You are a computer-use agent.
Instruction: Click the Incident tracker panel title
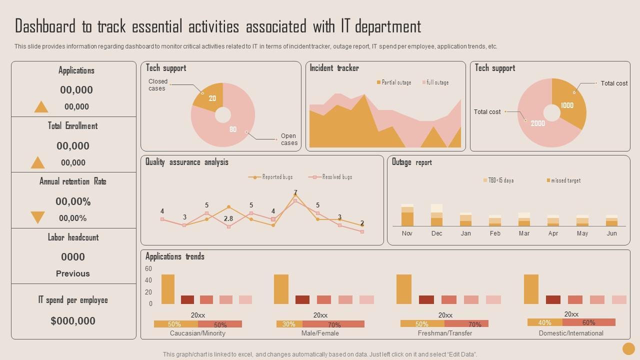(x=334, y=68)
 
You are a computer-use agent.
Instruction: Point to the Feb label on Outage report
(x=495, y=233)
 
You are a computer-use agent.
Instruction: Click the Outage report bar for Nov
(x=407, y=215)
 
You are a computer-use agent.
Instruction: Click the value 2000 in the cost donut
(x=538, y=123)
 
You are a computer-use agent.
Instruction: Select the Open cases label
(x=289, y=139)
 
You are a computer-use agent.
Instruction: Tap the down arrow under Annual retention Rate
(x=38, y=217)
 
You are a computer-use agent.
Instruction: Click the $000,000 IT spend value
(x=73, y=321)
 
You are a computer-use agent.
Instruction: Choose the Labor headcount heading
(x=73, y=237)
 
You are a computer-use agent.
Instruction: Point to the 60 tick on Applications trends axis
(x=148, y=269)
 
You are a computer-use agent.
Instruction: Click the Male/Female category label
(x=320, y=333)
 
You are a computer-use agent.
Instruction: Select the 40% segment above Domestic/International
(x=545, y=323)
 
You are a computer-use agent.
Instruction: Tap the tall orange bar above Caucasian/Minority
(x=168, y=289)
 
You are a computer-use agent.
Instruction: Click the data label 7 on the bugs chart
(x=295, y=192)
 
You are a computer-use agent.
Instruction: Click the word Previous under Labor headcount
(x=73, y=273)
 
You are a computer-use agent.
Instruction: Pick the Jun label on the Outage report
(x=611, y=233)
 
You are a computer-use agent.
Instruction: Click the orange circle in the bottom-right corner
(x=628, y=348)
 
